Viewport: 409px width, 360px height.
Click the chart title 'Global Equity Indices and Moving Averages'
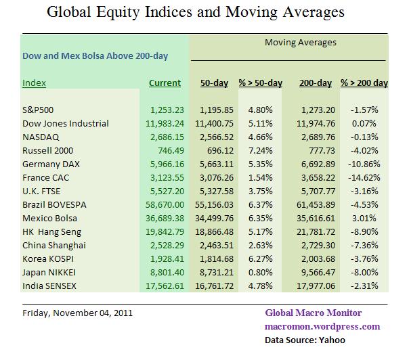tap(204, 12)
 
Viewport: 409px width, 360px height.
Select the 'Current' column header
tap(165, 83)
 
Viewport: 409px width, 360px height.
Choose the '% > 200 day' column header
tap(364, 83)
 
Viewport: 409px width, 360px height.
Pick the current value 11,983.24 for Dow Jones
tap(160, 124)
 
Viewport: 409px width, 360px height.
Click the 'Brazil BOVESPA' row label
tap(54, 203)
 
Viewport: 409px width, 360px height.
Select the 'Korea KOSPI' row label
tap(49, 258)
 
